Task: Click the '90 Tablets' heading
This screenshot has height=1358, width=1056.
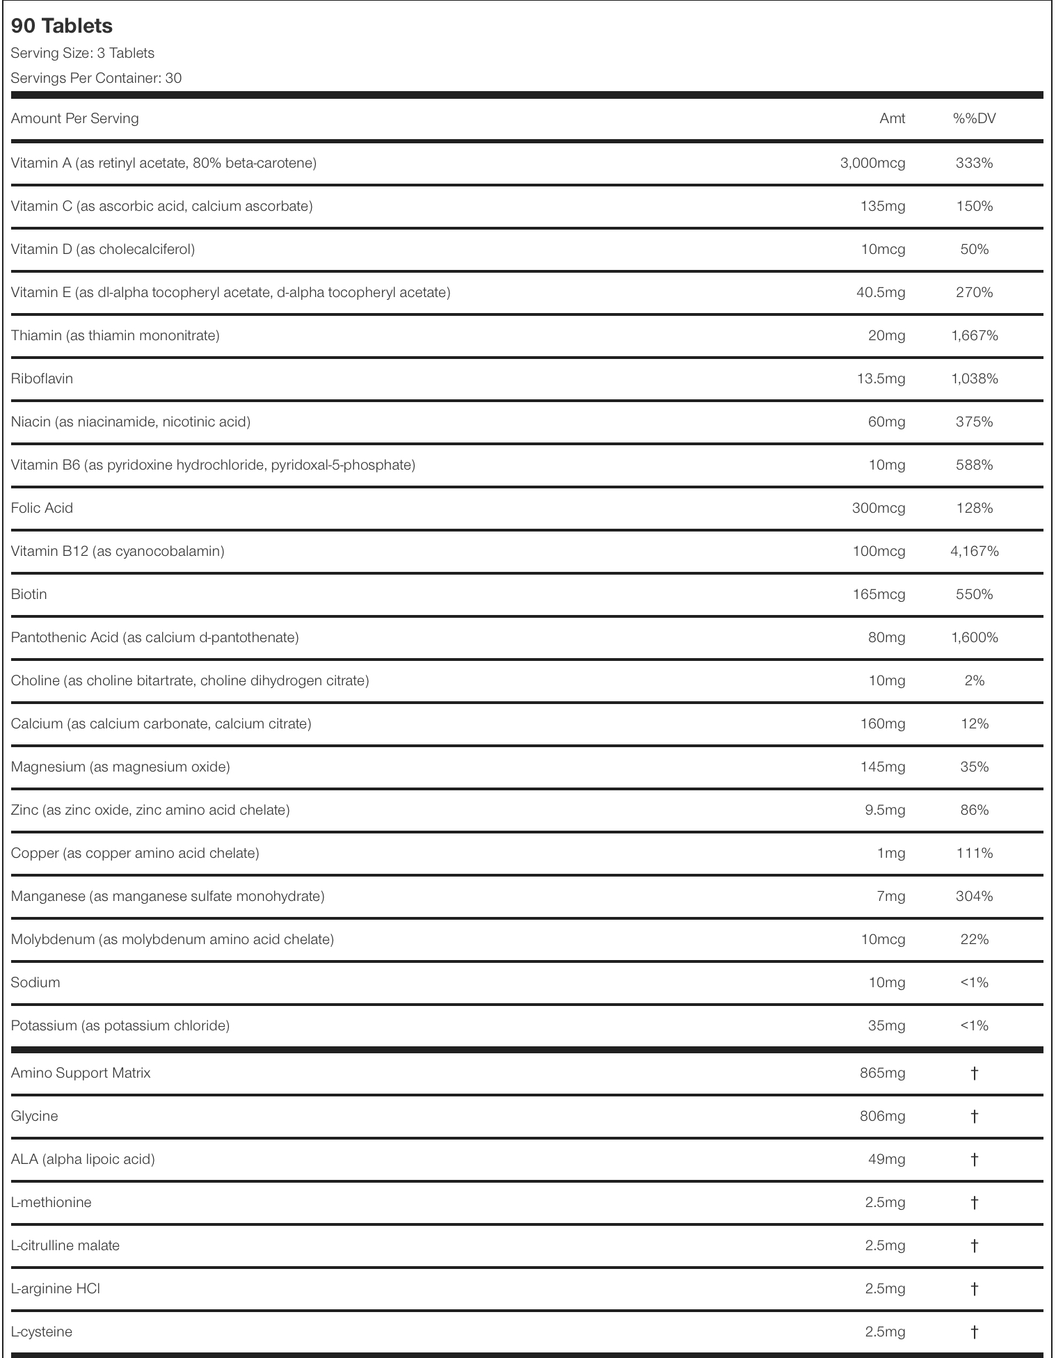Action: point(62,26)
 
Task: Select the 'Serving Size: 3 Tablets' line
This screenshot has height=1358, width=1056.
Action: point(83,53)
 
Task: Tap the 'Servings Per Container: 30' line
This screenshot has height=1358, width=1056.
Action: point(96,78)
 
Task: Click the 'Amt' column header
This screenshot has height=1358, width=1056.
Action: point(892,118)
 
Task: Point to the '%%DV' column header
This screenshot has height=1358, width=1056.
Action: point(974,118)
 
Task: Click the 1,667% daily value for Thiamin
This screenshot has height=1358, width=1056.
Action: point(974,335)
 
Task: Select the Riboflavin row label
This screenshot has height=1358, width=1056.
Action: point(42,378)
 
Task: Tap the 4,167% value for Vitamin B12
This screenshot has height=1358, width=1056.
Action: point(974,551)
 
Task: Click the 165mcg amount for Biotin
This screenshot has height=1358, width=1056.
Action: point(879,594)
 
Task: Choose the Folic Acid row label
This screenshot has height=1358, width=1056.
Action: point(42,508)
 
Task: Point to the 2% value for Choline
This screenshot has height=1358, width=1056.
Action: point(974,680)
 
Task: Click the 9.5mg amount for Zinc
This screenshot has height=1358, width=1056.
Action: point(885,810)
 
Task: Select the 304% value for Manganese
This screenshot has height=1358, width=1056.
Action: point(974,896)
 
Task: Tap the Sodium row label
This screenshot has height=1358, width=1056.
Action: point(35,982)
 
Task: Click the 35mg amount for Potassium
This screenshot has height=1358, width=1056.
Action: point(886,1025)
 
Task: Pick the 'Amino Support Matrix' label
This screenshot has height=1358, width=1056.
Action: point(81,1073)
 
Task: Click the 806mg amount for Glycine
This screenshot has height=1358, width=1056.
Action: point(882,1116)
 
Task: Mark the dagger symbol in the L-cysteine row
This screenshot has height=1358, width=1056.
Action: point(974,1332)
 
